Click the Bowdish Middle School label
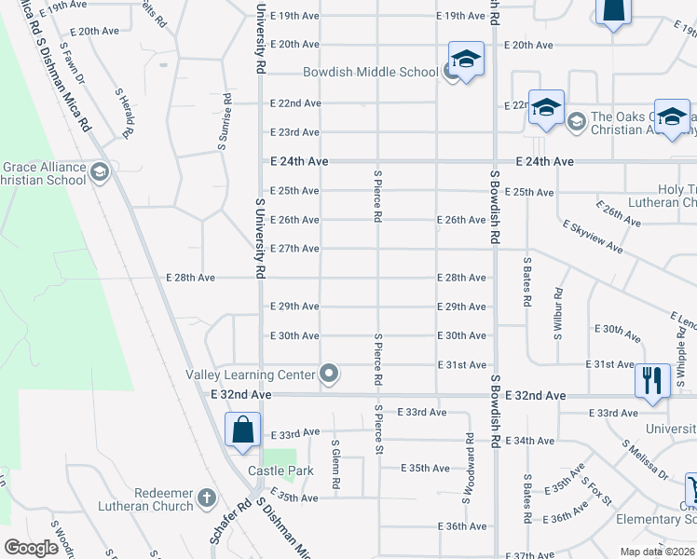[370, 73]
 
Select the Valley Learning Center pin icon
[328, 375]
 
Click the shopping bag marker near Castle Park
[242, 430]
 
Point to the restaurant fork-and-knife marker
[651, 380]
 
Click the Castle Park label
[280, 470]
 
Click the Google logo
[31, 548]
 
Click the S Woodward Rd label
[467, 468]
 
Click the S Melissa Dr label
[645, 460]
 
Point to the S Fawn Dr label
[73, 63]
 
